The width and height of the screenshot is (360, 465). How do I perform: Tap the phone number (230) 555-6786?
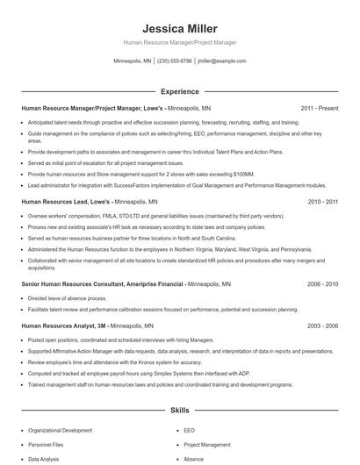pyautogui.click(x=174, y=61)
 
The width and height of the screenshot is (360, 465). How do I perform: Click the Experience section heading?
pyautogui.click(x=179, y=91)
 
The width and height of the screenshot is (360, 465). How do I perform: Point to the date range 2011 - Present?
pyautogui.click(x=319, y=109)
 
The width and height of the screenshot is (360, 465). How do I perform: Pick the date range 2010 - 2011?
pyautogui.click(x=322, y=201)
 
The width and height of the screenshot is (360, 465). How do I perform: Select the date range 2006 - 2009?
pyautogui.click(x=322, y=284)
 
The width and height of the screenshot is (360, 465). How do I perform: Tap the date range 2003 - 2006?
pyautogui.click(x=322, y=325)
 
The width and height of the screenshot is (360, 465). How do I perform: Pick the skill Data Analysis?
pyautogui.click(x=44, y=459)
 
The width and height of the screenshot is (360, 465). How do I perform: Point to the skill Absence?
pyautogui.click(x=193, y=459)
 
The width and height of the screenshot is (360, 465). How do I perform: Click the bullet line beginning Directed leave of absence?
pyautogui.click(x=62, y=298)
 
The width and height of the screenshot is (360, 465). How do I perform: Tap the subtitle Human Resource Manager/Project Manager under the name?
pyautogui.click(x=179, y=42)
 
